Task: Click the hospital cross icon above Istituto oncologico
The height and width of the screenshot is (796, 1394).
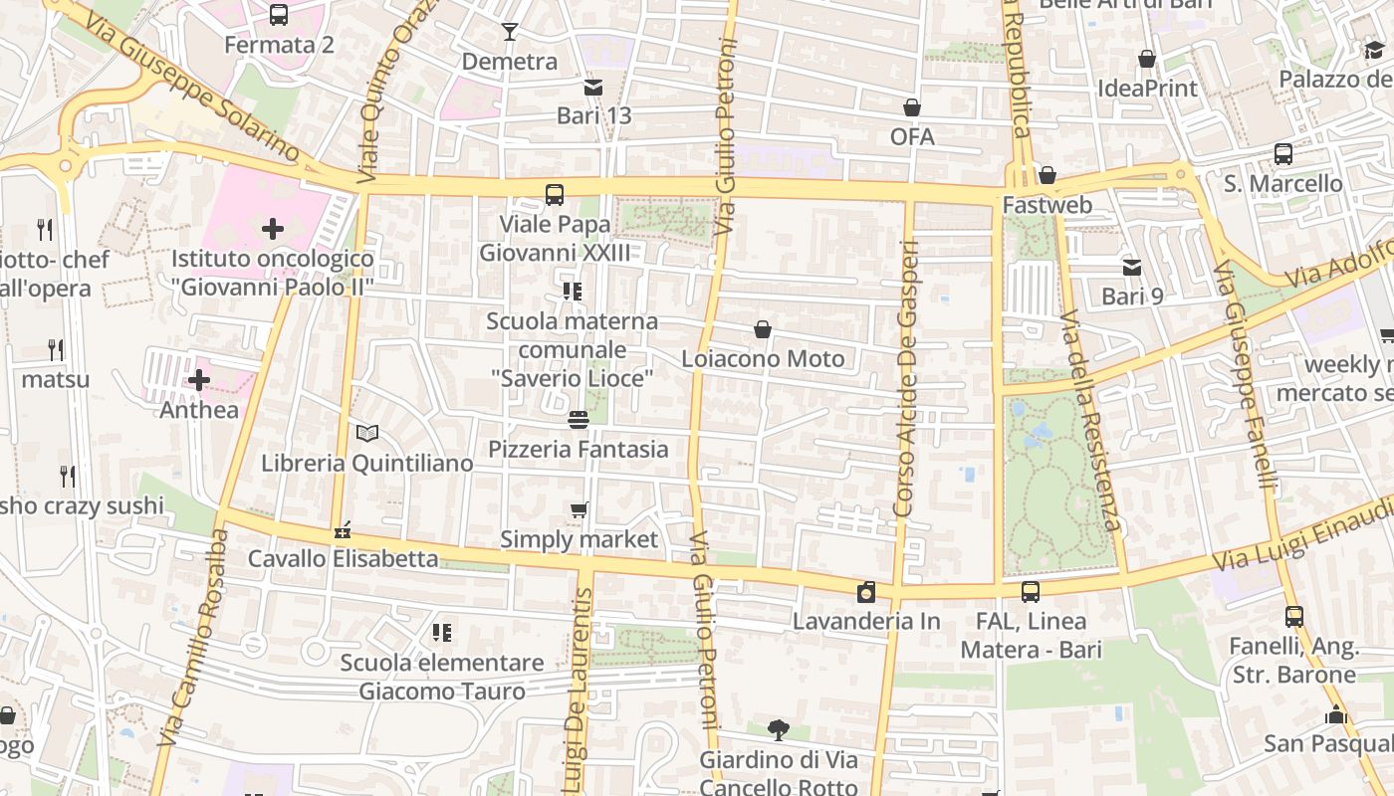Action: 272,230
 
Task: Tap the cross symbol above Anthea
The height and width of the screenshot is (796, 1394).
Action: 199,380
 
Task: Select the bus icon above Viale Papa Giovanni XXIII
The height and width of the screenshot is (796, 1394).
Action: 555,195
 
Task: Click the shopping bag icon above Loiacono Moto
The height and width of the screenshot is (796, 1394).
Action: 763,329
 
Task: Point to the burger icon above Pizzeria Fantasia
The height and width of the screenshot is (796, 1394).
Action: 579,420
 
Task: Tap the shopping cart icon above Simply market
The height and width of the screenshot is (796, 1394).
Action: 579,510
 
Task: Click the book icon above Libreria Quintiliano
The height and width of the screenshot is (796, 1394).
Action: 367,434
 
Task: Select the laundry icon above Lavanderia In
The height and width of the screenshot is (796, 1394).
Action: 866,593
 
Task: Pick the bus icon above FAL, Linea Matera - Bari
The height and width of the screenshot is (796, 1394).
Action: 1031,592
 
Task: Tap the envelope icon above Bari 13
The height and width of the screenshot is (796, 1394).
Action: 593,87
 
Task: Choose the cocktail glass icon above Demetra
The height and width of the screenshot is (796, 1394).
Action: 510,32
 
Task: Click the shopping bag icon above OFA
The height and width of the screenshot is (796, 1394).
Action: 912,107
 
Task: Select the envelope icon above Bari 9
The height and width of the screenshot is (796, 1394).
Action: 1132,267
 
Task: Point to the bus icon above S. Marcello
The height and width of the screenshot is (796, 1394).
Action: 1283,154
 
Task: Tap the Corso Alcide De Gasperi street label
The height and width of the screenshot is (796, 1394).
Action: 906,378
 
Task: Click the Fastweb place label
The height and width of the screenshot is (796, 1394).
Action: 1047,205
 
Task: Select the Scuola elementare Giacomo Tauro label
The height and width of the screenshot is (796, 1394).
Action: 442,677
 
